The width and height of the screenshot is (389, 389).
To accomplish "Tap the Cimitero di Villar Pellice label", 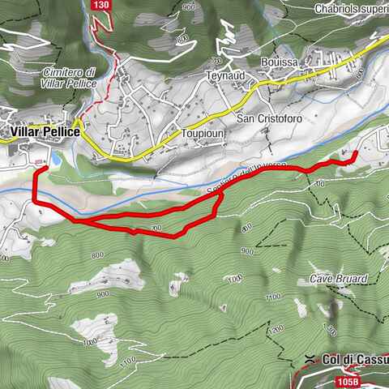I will tap(71, 78).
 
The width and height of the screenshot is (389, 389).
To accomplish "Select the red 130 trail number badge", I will tap(101, 6).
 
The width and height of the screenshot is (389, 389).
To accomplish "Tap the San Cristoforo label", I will tap(268, 118).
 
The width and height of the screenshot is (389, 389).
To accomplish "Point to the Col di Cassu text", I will tap(356, 359).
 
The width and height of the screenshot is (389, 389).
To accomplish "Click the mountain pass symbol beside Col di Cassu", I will tap(310, 358).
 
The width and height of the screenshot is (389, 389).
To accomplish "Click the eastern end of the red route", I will tap(355, 154).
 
